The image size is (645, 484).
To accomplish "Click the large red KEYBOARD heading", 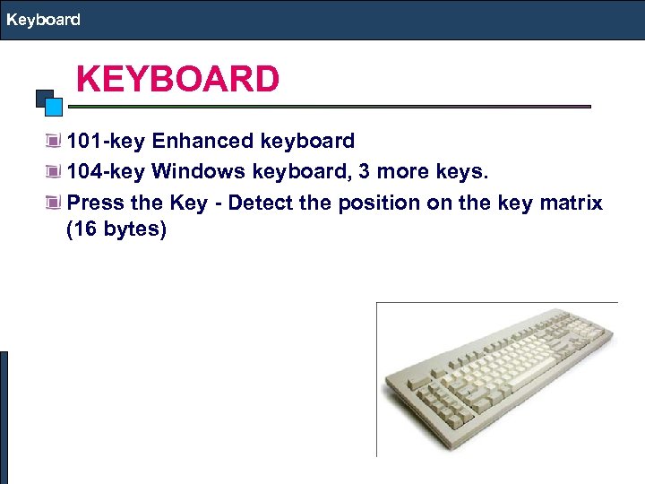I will [x=177, y=80].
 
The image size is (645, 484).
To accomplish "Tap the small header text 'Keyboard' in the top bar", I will [x=43, y=19].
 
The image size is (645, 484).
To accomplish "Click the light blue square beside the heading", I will [x=54, y=107].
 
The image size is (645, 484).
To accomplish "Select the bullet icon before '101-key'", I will [x=56, y=142].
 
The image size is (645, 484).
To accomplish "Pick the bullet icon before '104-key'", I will [x=56, y=172].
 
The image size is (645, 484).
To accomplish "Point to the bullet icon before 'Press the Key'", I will [x=56, y=203].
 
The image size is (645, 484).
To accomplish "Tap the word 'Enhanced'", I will [x=202, y=142].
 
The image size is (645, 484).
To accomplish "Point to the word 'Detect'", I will [x=260, y=203].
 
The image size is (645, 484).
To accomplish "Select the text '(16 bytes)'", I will [x=116, y=230].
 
